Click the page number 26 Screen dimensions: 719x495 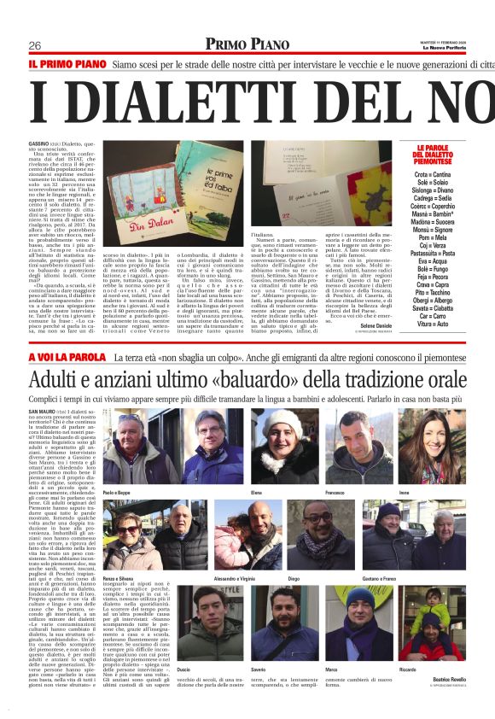[35, 45]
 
